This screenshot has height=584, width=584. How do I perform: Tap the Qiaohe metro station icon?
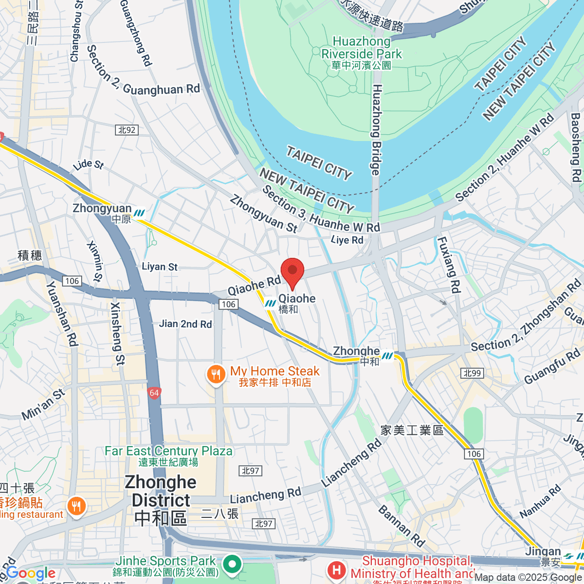[x=270, y=304]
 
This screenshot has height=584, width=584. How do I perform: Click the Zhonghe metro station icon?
[x=387, y=356]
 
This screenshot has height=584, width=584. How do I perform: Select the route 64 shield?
[x=154, y=393]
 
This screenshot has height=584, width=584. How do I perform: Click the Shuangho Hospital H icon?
[x=336, y=569]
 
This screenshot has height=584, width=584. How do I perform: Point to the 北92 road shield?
[x=127, y=130]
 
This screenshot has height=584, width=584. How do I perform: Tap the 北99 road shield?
[x=472, y=373]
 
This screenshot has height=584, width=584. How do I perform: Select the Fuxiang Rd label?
[x=448, y=265]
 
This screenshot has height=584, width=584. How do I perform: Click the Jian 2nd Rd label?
[x=185, y=324]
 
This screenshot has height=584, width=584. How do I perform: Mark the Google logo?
[x=31, y=573]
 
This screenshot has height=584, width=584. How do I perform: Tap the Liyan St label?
[x=160, y=267]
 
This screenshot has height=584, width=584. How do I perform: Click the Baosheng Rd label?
[x=575, y=147]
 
